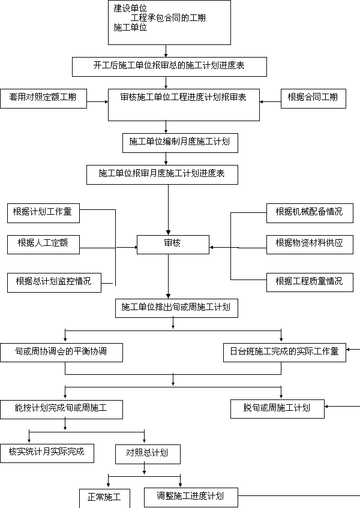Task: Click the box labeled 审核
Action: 173,245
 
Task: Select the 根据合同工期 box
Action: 313,98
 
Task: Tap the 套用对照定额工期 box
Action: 43,98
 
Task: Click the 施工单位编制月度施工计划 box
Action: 180,143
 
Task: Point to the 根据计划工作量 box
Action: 43,213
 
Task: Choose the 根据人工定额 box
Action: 43,245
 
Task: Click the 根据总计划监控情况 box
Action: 54,282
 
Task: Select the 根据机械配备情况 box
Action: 310,213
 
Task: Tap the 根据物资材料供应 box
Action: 310,245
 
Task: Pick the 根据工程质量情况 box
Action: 310,282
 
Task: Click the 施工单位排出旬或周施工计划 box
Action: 176,308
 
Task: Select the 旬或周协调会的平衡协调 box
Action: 62,353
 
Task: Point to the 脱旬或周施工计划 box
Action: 277,409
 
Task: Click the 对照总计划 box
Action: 148,454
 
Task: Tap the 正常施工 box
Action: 104,498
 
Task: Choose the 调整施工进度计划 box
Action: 191,497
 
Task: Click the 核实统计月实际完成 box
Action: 47,453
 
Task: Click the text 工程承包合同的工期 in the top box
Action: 168,17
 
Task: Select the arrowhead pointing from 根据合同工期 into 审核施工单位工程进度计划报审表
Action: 262,102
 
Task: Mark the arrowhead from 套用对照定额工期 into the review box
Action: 106,102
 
